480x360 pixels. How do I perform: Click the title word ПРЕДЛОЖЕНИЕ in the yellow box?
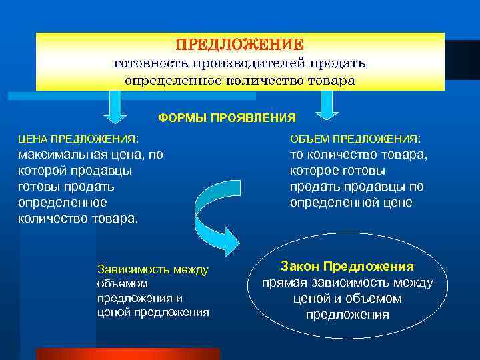(239, 45)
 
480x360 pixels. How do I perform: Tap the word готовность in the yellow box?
(151, 63)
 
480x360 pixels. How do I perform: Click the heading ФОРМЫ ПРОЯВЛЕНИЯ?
(227, 118)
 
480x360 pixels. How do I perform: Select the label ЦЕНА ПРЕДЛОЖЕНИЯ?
(79, 139)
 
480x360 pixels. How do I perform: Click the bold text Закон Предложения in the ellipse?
(347, 266)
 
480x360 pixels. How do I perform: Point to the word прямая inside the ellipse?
(287, 283)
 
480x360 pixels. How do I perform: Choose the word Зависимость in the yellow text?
(134, 270)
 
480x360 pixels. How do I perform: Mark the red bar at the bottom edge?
(127, 354)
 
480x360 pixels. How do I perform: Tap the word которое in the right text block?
(315, 171)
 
